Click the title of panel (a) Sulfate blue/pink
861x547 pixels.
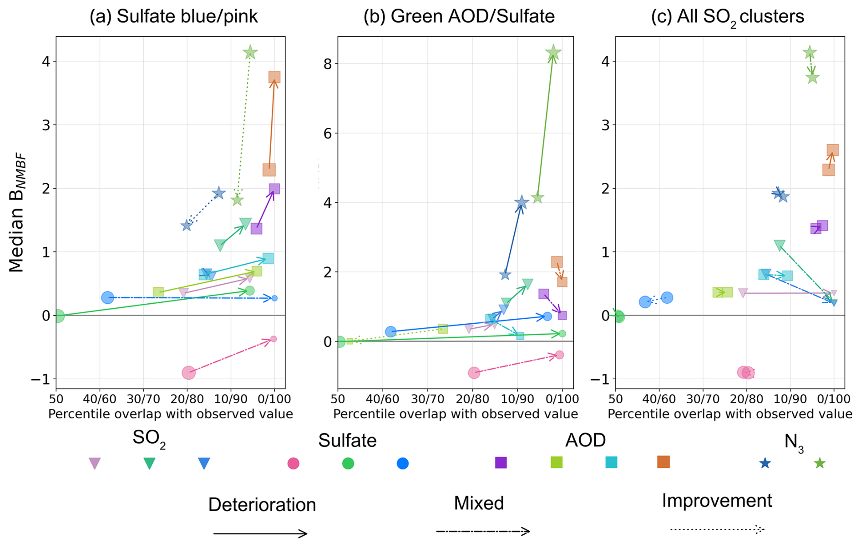(x=173, y=17)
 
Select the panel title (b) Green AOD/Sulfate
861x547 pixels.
(x=459, y=17)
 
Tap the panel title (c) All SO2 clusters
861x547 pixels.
(x=727, y=17)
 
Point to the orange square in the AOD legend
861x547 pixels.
(x=663, y=462)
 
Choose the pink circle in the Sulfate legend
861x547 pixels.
(x=294, y=463)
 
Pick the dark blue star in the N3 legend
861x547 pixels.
(x=765, y=463)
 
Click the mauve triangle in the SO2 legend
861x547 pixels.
(x=95, y=463)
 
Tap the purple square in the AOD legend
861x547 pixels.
(x=501, y=462)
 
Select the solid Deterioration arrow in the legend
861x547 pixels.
(x=260, y=533)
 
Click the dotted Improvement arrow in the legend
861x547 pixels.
(x=717, y=529)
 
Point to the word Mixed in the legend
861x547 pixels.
(x=479, y=503)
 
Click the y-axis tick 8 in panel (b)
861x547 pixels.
(x=327, y=64)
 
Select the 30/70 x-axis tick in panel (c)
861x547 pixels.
(x=703, y=399)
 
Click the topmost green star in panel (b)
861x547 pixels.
(x=553, y=53)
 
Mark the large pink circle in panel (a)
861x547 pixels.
(x=189, y=373)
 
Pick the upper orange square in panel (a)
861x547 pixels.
(x=274, y=77)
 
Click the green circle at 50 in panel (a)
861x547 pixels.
(x=58, y=316)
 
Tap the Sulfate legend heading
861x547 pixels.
(x=347, y=441)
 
